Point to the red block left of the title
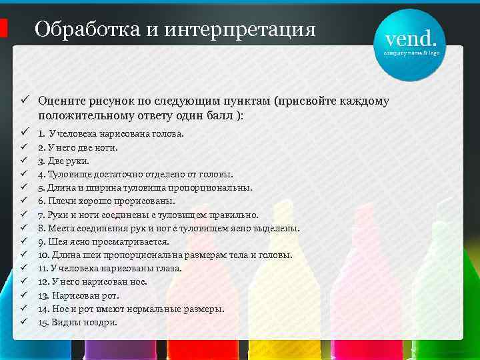click(3, 29)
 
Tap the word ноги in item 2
click(104, 147)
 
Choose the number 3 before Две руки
click(41, 161)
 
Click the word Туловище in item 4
click(69, 174)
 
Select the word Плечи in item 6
click(62, 201)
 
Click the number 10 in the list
click(43, 255)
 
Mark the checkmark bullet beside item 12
click(23, 281)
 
